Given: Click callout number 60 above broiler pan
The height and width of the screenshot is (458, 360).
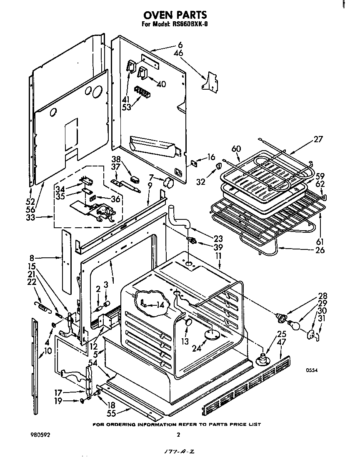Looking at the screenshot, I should [237, 149].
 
